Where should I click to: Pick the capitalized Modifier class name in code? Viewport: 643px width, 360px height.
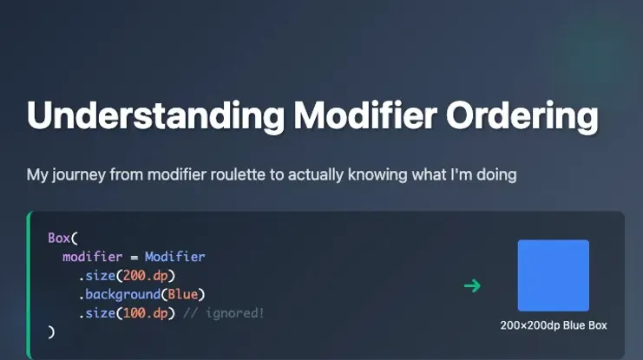174,257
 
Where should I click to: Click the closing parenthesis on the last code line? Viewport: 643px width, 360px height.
51,331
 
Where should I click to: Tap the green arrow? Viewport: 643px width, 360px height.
472,285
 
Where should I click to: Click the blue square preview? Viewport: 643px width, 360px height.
553,275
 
